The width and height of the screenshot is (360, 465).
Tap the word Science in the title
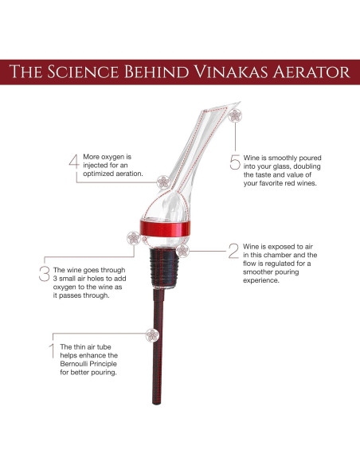[83, 72]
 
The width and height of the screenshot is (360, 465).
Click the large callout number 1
[53, 351]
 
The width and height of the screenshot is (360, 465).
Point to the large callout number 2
[233, 251]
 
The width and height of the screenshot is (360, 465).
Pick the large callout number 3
[44, 273]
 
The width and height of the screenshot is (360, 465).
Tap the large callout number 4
[74, 161]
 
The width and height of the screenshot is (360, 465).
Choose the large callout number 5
[235, 162]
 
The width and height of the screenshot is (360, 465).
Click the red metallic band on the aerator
[165, 229]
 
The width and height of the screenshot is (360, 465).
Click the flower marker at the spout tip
[235, 115]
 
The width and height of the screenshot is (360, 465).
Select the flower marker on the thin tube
[152, 335]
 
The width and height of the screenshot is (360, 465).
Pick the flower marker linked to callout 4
[163, 182]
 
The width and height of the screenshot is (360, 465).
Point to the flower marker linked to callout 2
[182, 251]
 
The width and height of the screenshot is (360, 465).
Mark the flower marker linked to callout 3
[134, 238]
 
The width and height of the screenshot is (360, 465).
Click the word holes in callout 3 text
[96, 279]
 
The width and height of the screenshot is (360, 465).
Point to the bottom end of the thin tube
[157, 404]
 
